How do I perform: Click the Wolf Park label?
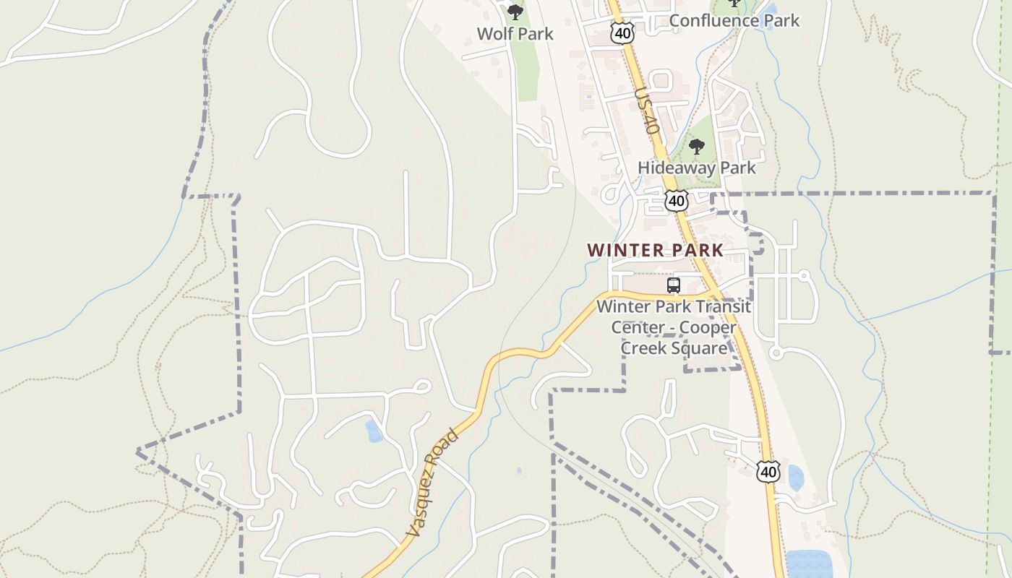pyautogui.click(x=515, y=33)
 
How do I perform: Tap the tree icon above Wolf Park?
pyautogui.click(x=515, y=12)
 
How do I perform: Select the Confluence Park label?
pyautogui.click(x=734, y=20)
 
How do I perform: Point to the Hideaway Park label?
pyautogui.click(x=696, y=168)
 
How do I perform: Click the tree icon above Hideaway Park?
pyautogui.click(x=696, y=147)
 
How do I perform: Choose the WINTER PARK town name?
pyautogui.click(x=655, y=251)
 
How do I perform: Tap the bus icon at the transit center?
pyautogui.click(x=674, y=285)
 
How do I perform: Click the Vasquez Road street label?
pyautogui.click(x=432, y=483)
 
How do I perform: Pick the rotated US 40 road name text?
pyautogui.click(x=647, y=111)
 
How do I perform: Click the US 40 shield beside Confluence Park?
pyautogui.click(x=622, y=32)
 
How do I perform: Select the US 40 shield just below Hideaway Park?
pyautogui.click(x=677, y=200)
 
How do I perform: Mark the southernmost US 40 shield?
pyautogui.click(x=768, y=472)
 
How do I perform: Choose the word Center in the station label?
pyautogui.click(x=637, y=327)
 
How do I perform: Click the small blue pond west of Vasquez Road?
pyautogui.click(x=374, y=431)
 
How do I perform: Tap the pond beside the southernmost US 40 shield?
pyautogui.click(x=795, y=478)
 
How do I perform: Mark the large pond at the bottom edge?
pyautogui.click(x=808, y=564)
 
